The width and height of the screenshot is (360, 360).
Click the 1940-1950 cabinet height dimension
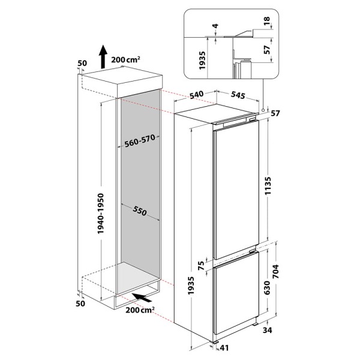point(101,214)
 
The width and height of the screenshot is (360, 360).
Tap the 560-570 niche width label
point(140,141)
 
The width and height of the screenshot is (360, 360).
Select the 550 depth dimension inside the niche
point(140,210)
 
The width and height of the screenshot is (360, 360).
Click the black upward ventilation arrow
point(103,57)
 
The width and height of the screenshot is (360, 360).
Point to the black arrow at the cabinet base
point(142,298)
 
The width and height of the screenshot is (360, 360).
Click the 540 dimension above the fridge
point(196,95)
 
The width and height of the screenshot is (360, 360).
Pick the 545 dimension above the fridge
point(238,95)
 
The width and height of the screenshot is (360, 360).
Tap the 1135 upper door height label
point(268,185)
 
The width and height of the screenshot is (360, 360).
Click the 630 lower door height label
point(267,287)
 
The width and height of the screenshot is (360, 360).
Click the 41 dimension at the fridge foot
point(224,348)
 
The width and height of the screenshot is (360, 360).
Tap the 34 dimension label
point(268,330)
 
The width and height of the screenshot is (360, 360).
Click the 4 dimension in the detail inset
point(215,26)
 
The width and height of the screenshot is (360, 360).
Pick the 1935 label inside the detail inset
point(202,61)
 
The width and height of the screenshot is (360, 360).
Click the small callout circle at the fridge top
point(263,110)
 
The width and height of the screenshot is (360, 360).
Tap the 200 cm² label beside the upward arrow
point(125,59)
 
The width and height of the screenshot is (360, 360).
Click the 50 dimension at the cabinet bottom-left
point(80,304)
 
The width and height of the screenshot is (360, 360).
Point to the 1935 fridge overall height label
point(191,286)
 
